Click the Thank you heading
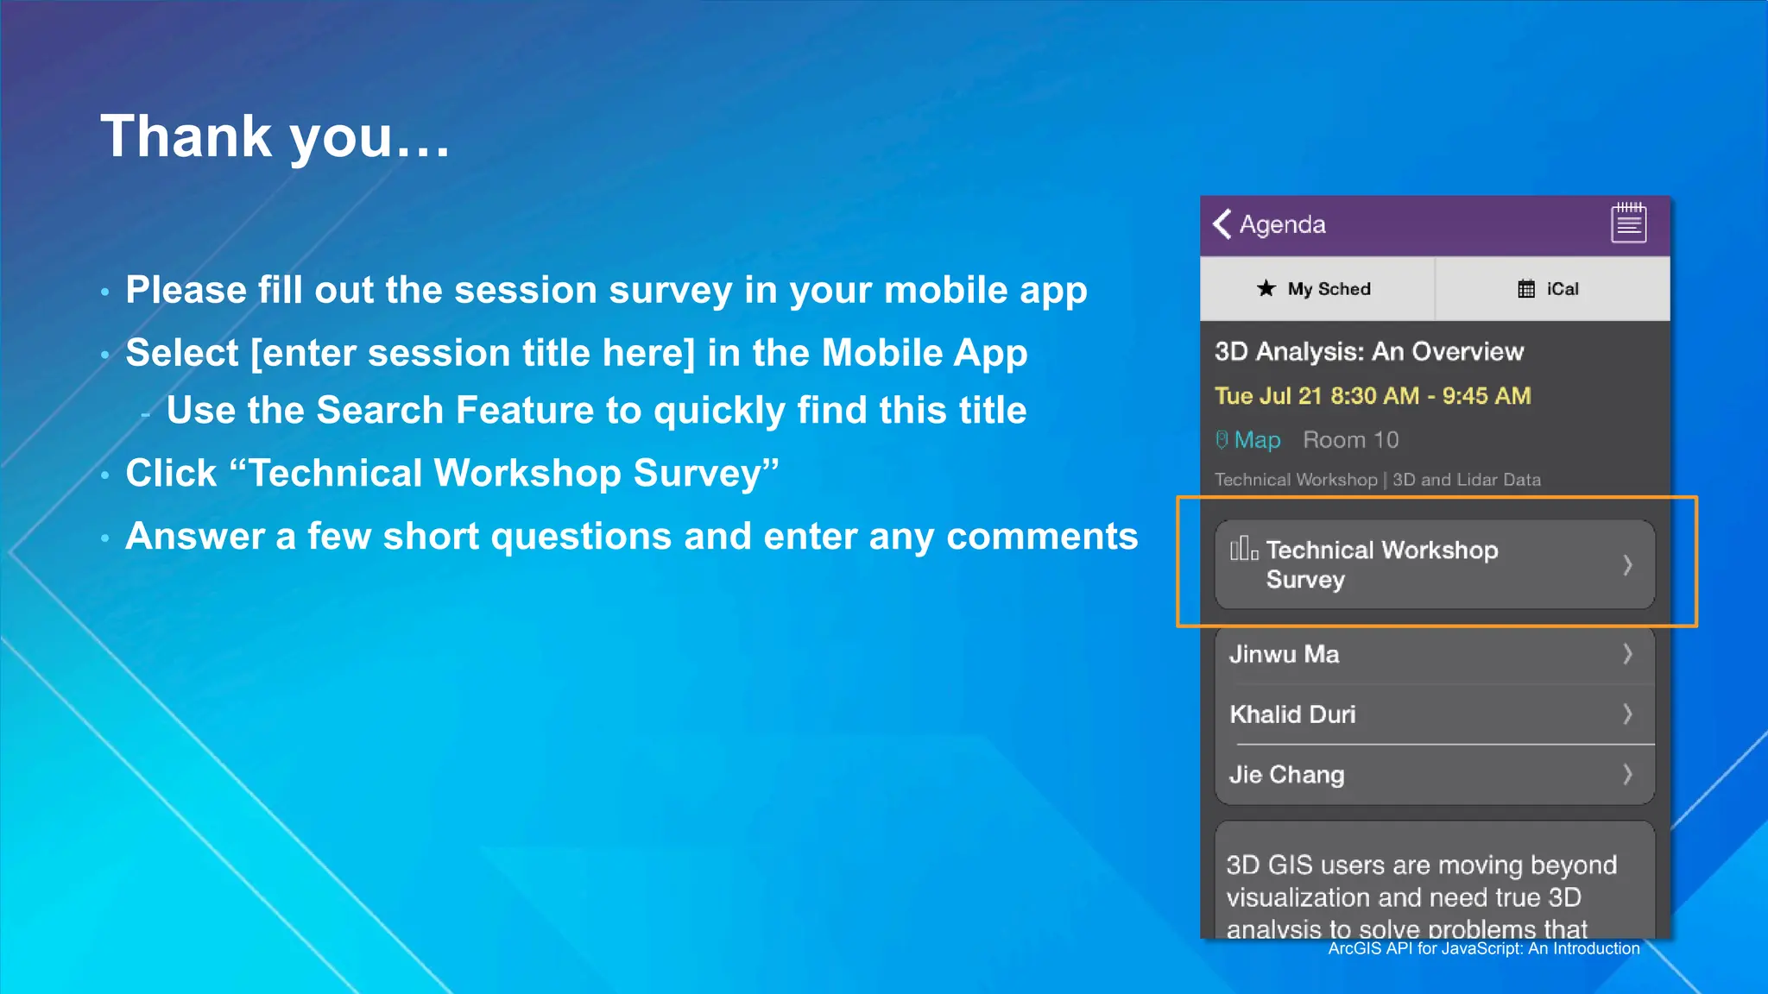(x=275, y=136)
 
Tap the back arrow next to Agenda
(x=1222, y=224)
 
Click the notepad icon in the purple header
(x=1628, y=223)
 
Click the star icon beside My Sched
(x=1266, y=288)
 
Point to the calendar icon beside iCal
(x=1526, y=289)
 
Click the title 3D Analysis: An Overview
(x=1368, y=352)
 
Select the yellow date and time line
(x=1373, y=396)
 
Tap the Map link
(x=1256, y=440)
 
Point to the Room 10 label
(x=1350, y=440)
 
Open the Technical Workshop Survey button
(x=1434, y=564)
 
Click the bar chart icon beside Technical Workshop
(x=1243, y=549)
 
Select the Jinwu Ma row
(x=1434, y=654)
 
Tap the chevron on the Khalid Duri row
(x=1627, y=714)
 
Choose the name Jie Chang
(x=1286, y=775)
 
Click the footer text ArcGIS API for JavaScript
(x=1483, y=948)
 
